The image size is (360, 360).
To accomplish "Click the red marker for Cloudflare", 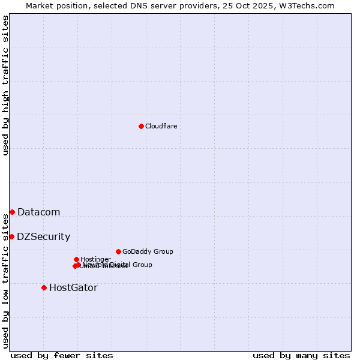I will pyautogui.click(x=141, y=126).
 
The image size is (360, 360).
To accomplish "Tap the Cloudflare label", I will pyautogui.click(x=161, y=126).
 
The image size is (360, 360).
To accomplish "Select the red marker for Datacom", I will pyautogui.click(x=12, y=212).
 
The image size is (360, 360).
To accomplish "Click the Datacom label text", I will pyautogui.click(x=38, y=212).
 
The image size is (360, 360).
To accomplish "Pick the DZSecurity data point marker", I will pyautogui.click(x=11, y=236).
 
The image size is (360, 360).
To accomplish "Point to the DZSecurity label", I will pyautogui.click(x=43, y=236).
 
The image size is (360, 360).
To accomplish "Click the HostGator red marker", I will pyautogui.click(x=44, y=287).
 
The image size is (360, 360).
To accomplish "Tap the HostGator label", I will pyautogui.click(x=73, y=287).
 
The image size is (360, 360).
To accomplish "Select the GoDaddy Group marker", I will pyautogui.click(x=118, y=251).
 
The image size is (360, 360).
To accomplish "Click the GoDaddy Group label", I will pyautogui.click(x=148, y=251).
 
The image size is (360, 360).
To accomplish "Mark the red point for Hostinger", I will pyautogui.click(x=76, y=259).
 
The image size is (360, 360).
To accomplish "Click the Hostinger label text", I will pyautogui.click(x=95, y=259).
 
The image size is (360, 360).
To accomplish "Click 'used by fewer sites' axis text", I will pyautogui.click(x=62, y=355).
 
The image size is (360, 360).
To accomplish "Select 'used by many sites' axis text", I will pyautogui.click(x=301, y=355).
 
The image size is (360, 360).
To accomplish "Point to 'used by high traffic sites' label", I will pyautogui.click(x=5, y=85).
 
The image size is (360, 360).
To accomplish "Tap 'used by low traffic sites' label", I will pyautogui.click(x=5, y=281).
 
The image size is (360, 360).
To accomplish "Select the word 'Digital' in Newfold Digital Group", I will pyautogui.click(x=120, y=265).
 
